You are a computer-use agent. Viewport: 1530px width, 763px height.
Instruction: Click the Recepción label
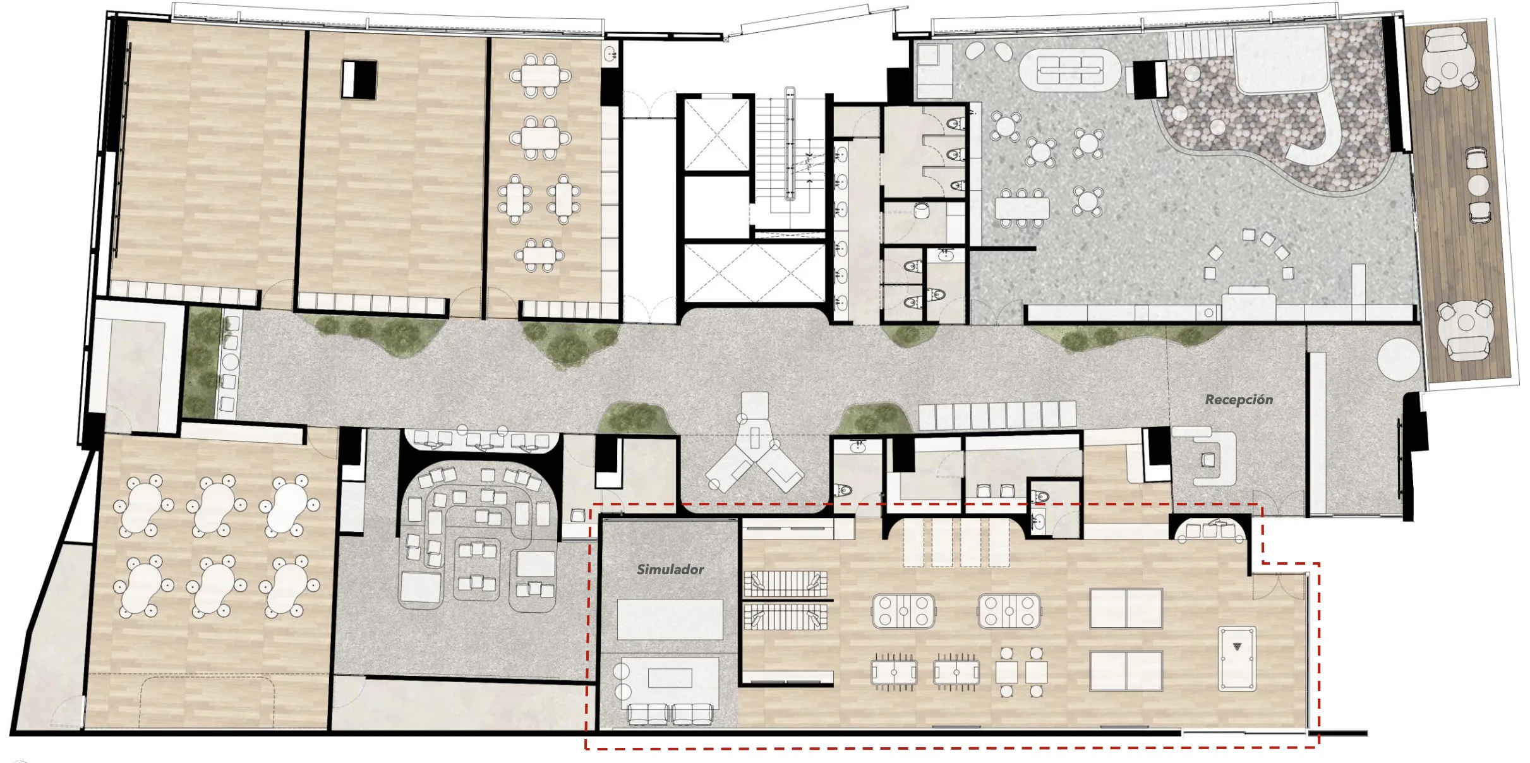tap(1239, 400)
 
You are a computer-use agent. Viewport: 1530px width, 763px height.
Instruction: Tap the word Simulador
tap(670, 570)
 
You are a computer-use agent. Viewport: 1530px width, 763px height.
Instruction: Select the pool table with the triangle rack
tap(1237, 659)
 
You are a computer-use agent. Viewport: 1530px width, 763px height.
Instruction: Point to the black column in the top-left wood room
tap(359, 79)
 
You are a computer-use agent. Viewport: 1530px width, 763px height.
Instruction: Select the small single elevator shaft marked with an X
tap(716, 134)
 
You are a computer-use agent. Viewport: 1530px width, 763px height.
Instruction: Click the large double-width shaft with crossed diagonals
tap(754, 272)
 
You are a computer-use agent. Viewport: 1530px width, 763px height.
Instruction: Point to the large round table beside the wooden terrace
tap(1399, 359)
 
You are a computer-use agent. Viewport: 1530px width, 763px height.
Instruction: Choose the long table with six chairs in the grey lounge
tap(1021, 207)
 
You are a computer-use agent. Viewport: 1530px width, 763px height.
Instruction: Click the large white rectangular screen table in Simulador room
tap(670, 620)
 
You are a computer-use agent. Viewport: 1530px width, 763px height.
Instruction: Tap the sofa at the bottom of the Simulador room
tap(670, 714)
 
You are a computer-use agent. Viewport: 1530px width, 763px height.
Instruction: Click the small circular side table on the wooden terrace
tap(1478, 185)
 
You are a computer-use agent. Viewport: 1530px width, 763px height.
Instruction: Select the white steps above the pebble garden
tap(1198, 44)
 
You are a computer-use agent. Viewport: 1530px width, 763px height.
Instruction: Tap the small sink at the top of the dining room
tap(610, 54)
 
